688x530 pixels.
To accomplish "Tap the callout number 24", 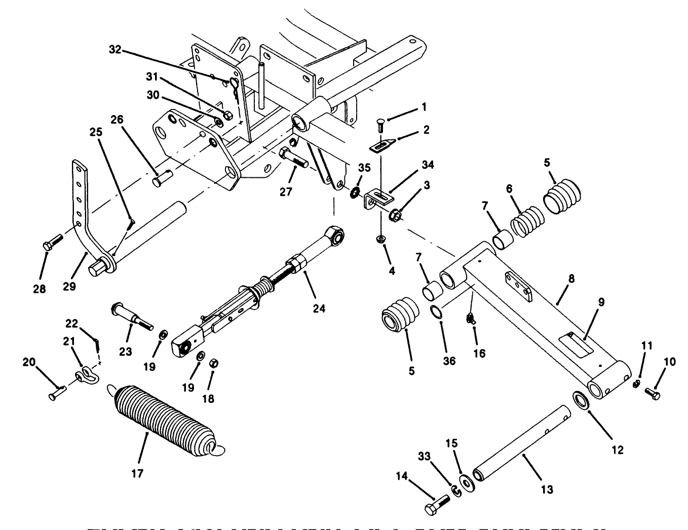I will point(319,308).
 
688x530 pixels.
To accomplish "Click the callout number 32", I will point(116,49).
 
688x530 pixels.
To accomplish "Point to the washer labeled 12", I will point(581,399).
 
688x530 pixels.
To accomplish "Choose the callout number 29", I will point(69,286).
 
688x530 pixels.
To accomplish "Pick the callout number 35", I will point(365,168).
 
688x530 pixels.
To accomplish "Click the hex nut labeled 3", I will point(397,216).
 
